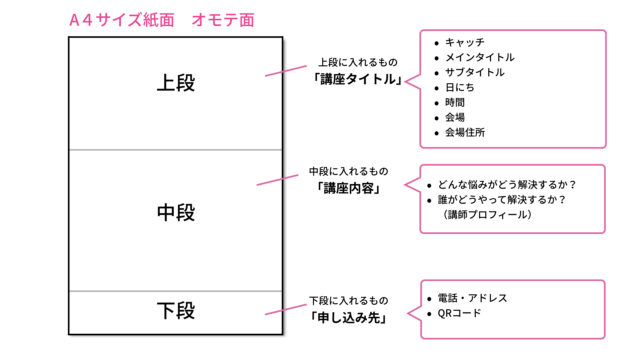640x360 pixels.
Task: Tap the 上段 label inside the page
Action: (176, 82)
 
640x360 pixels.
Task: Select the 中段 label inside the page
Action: (176, 212)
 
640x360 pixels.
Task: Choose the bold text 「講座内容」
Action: (357, 188)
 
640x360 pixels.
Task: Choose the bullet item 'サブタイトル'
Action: (474, 73)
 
